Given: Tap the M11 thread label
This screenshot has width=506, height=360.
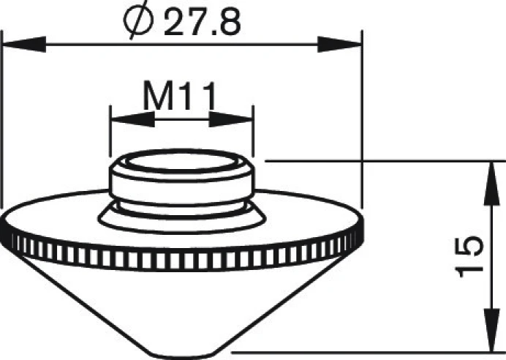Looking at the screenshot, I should coord(179,94).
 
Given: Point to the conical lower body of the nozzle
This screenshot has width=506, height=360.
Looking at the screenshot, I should coord(183,300).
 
